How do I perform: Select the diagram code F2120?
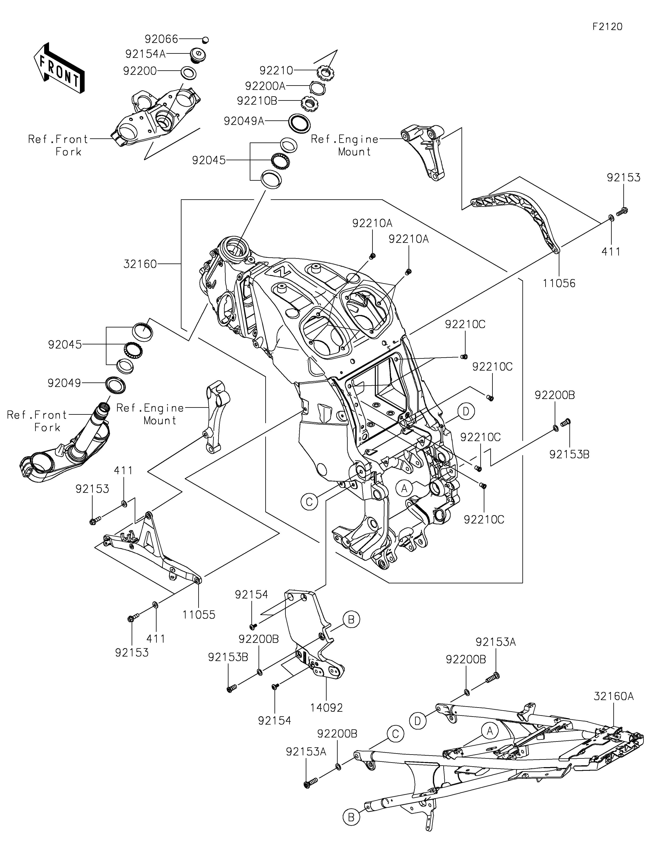point(607,27)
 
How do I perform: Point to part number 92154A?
point(146,54)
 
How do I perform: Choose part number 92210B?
point(257,101)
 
